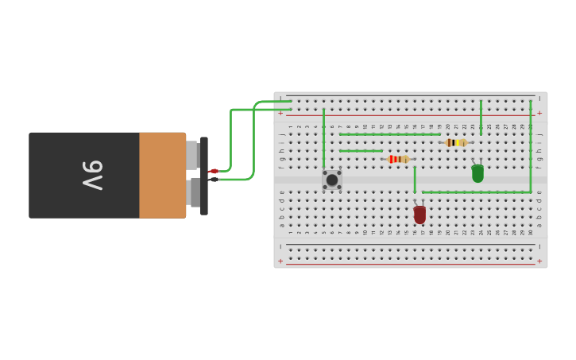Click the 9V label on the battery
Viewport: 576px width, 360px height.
coord(92,175)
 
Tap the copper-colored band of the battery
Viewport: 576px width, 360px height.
coord(162,175)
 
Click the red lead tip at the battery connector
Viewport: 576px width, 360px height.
coord(213,171)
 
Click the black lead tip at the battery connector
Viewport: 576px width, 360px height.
coord(213,180)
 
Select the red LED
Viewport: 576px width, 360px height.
coord(419,215)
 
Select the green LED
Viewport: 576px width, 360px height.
coord(477,173)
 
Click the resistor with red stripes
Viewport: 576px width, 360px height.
coord(398,159)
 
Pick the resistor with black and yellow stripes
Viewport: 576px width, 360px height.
coord(456,143)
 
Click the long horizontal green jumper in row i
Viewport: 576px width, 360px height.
coord(389,134)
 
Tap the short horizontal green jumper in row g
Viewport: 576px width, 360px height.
coord(361,151)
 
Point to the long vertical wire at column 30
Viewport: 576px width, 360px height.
coord(531,147)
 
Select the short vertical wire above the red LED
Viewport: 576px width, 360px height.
coord(415,180)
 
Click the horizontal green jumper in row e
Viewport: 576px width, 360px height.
coord(475,192)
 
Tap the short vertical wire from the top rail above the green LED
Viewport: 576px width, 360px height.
coord(481,117)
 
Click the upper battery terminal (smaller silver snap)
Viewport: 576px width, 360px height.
coord(192,155)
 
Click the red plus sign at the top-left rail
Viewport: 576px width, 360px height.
coord(280,113)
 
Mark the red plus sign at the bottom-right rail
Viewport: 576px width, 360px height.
coord(539,261)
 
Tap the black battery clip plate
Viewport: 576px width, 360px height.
coord(204,176)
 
